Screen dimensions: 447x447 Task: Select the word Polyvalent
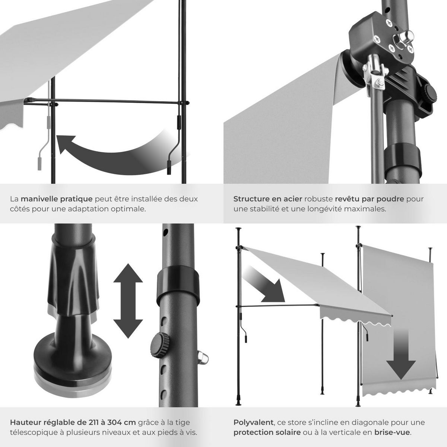pyautogui.click(x=253, y=423)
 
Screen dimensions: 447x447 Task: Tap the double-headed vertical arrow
pyautogui.click(x=128, y=301)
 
